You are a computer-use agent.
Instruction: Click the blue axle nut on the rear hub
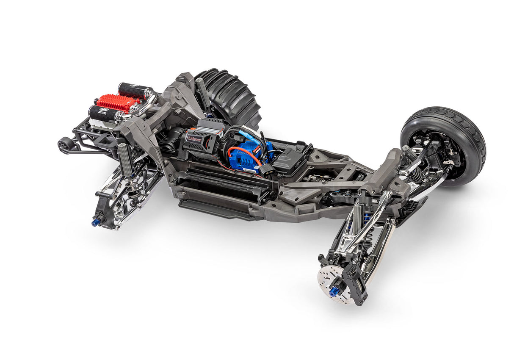(x=96, y=222)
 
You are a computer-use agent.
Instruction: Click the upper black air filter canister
(x=135, y=91)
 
